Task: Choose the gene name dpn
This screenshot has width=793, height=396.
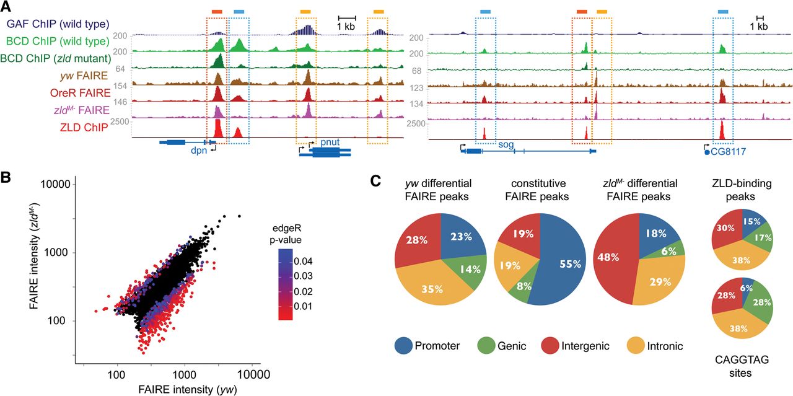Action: pos(199,149)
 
